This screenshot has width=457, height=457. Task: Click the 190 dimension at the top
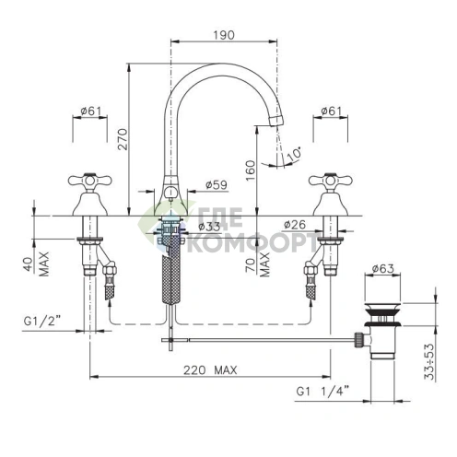point(224,35)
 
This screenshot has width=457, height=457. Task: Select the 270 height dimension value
point(123,139)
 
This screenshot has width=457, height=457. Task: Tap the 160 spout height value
point(251,170)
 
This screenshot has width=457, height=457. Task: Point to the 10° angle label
point(294,154)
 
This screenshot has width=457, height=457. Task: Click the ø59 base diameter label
point(217,185)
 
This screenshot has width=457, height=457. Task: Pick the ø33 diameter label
point(209,227)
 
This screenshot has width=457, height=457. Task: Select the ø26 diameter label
point(295,225)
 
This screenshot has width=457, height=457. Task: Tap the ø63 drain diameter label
point(382,269)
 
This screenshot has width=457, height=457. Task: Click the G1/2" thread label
point(41,322)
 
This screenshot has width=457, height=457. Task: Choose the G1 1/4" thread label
point(322,392)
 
